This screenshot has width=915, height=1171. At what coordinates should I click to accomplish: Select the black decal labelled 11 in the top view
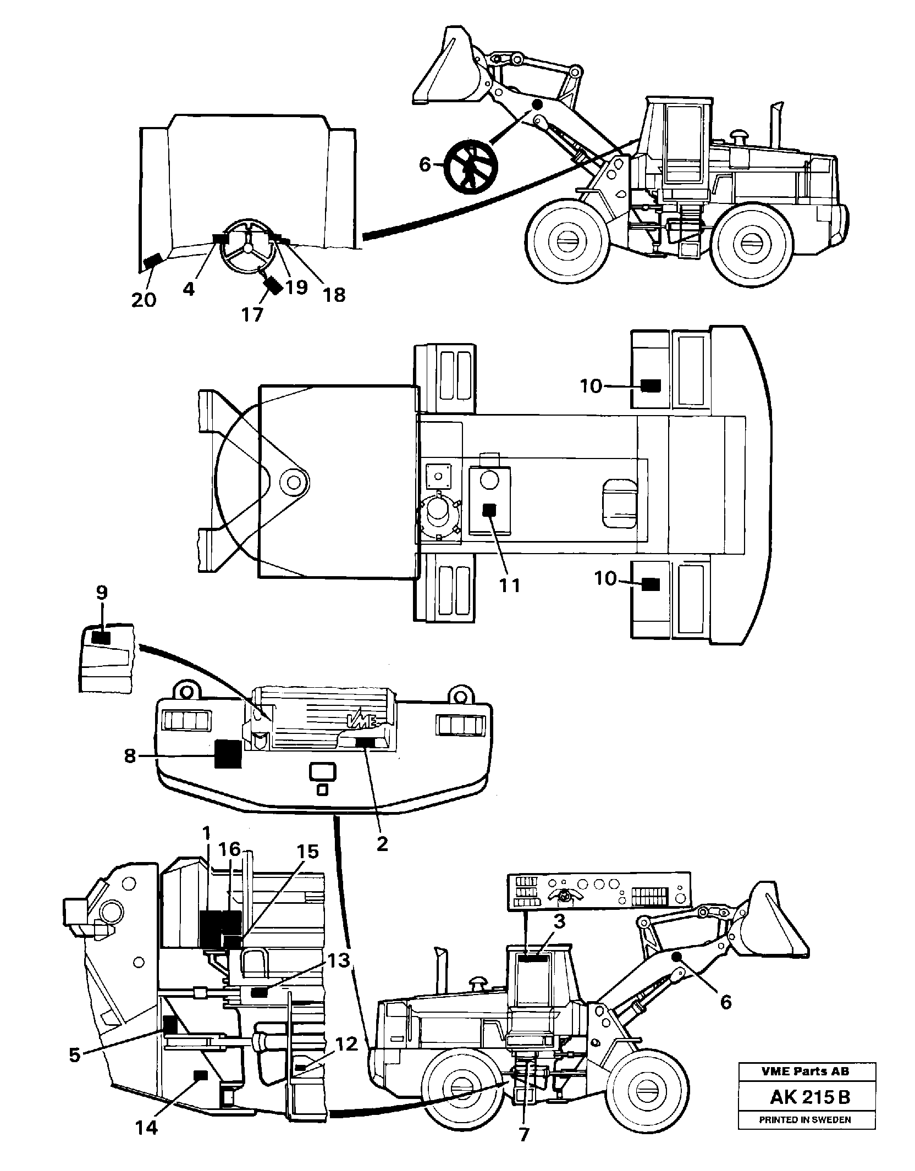click(x=489, y=510)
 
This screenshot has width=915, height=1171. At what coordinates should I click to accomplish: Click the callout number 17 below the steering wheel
click(x=252, y=315)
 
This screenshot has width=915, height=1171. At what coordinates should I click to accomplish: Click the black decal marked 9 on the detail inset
click(x=101, y=637)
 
